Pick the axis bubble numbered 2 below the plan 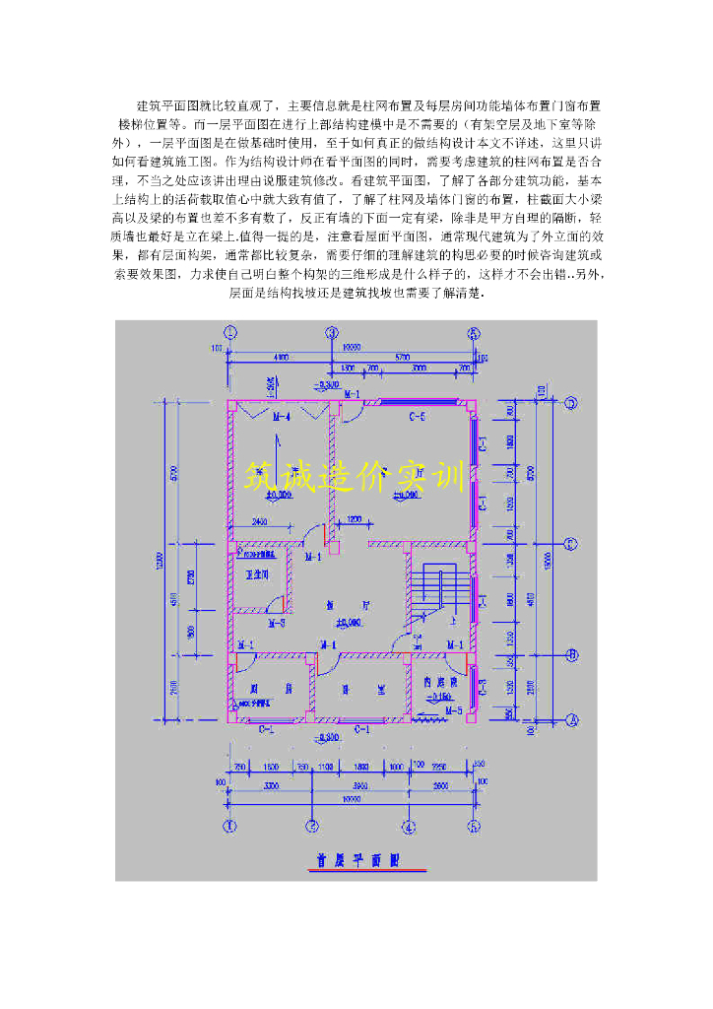311,826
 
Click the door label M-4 280,417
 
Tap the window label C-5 418,417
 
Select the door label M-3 277,623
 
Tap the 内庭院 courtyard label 439,681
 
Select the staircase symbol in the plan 436,591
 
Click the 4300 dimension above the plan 280,356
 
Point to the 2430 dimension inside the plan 260,521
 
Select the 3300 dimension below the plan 272,786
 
